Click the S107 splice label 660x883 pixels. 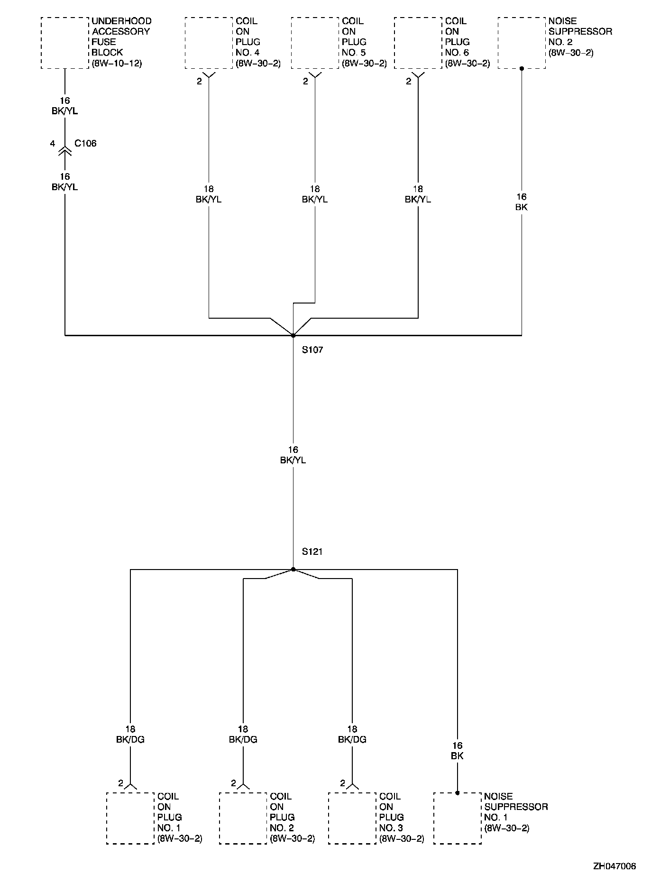(x=312, y=350)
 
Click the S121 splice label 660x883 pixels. (x=312, y=552)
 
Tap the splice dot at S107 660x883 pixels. (x=293, y=335)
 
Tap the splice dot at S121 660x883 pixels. (x=293, y=569)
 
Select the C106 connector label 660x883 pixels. (x=86, y=143)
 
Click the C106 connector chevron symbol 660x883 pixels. (x=65, y=151)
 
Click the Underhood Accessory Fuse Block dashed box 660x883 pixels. (x=65, y=43)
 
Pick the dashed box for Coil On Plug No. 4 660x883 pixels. (x=209, y=43)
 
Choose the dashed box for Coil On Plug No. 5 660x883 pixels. (x=315, y=43)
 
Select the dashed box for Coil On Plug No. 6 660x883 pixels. (x=418, y=43)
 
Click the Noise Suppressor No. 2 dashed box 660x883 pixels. (x=522, y=43)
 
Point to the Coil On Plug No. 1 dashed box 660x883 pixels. (x=130, y=818)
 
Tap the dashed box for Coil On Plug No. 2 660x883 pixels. (x=243, y=818)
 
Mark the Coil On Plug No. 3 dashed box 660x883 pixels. (x=352, y=818)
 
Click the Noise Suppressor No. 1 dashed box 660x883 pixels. (x=457, y=818)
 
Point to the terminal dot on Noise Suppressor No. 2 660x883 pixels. (x=522, y=68)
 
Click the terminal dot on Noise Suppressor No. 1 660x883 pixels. (x=457, y=792)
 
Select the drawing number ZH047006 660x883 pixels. (x=614, y=866)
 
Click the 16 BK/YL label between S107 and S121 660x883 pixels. (x=293, y=455)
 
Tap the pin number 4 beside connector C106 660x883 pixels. (x=53, y=143)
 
